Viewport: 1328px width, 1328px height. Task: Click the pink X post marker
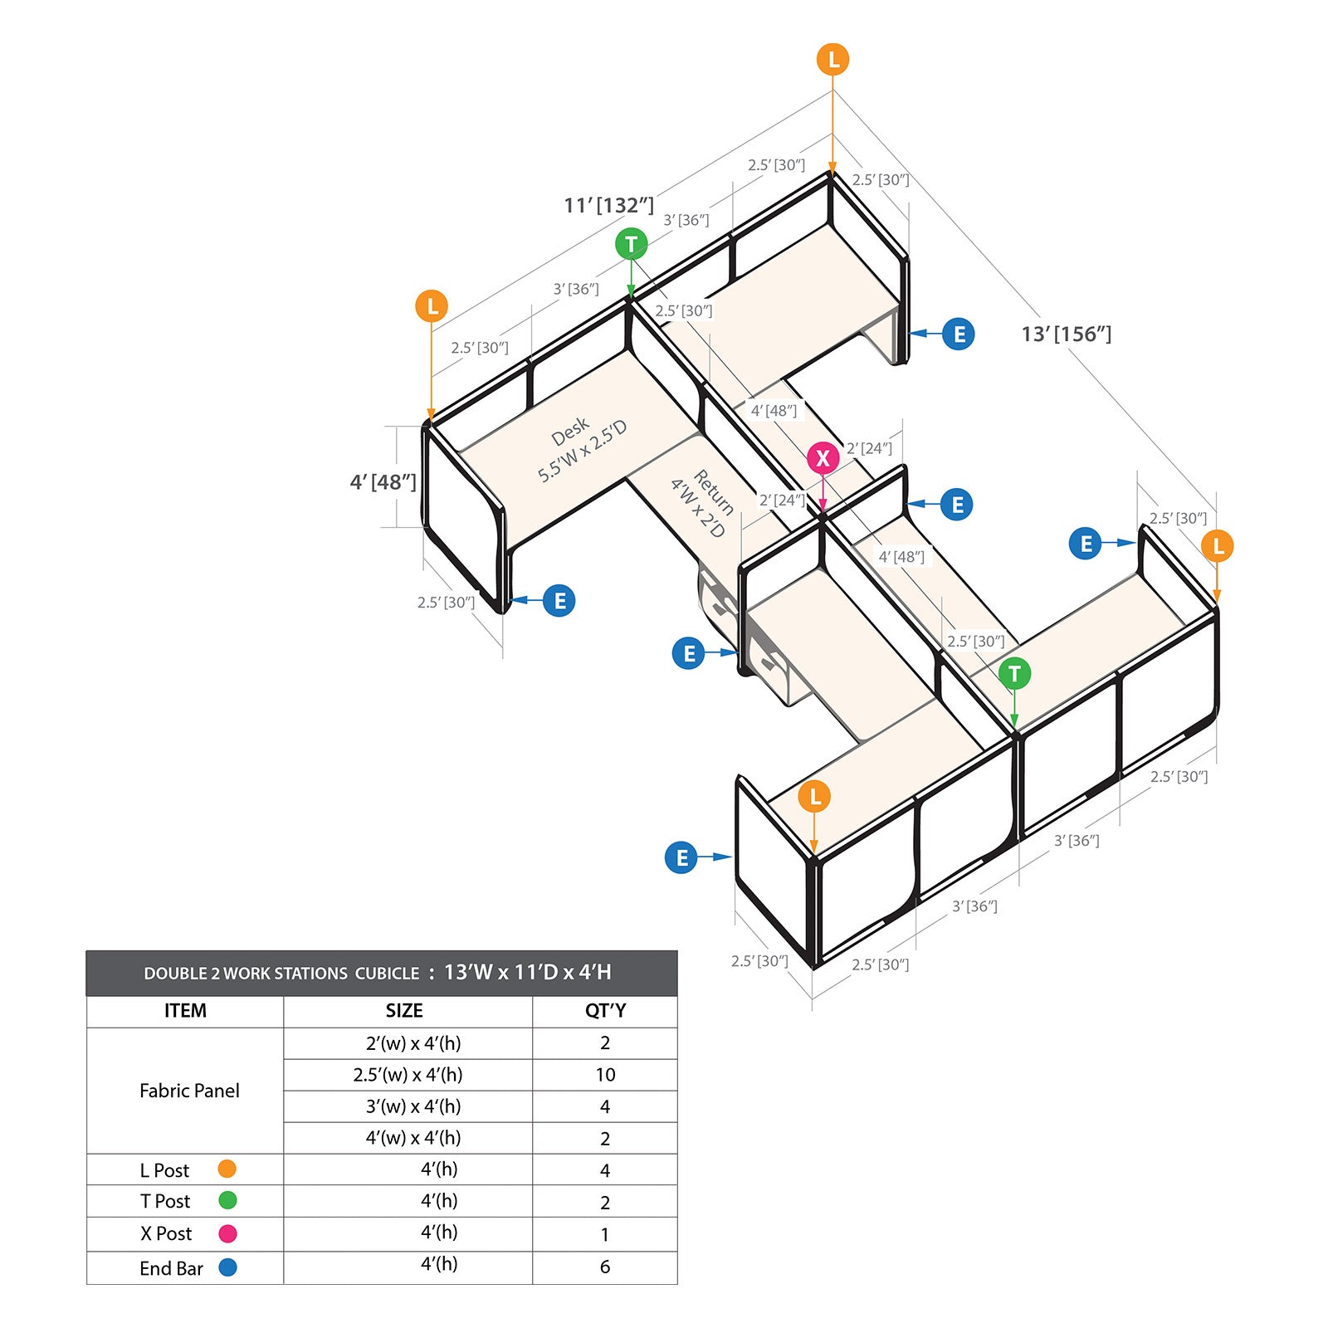pyautogui.click(x=823, y=458)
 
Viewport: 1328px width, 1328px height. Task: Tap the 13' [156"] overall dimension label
pyautogui.click(x=1067, y=334)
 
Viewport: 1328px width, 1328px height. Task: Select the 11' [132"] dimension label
pyautogui.click(x=609, y=205)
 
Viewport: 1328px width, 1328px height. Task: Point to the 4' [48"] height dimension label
pyautogui.click(x=383, y=482)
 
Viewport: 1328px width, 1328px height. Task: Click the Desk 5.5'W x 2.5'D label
pyautogui.click(x=582, y=449)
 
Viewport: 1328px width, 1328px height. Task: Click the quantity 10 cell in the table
pyautogui.click(x=605, y=1075)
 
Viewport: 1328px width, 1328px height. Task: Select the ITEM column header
pyautogui.click(x=185, y=1011)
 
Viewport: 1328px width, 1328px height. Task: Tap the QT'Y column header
pyautogui.click(x=605, y=1011)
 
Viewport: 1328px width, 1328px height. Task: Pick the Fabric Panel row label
pyautogui.click(x=189, y=1091)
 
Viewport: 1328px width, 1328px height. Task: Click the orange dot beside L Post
pyautogui.click(x=227, y=1169)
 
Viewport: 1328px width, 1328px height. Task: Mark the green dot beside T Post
pyautogui.click(x=227, y=1200)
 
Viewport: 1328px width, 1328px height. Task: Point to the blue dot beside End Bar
pyautogui.click(x=227, y=1267)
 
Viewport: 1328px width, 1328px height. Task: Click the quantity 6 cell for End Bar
pyautogui.click(x=605, y=1267)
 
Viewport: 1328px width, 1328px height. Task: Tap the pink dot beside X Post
pyautogui.click(x=227, y=1233)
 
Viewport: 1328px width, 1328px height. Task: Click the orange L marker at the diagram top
pyautogui.click(x=832, y=60)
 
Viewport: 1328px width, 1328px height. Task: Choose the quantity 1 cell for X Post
pyautogui.click(x=605, y=1234)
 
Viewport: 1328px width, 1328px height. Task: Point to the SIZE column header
pyautogui.click(x=404, y=1011)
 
